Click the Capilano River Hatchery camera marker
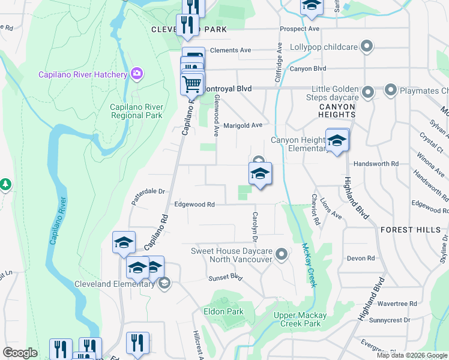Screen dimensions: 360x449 click(x=137, y=74)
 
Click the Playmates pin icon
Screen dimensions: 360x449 click(x=391, y=91)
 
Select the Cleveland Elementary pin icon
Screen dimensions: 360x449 click(x=164, y=283)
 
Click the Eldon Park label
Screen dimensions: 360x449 click(x=223, y=311)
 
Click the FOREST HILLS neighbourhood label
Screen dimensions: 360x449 click(x=410, y=229)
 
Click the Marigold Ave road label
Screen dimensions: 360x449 click(x=243, y=125)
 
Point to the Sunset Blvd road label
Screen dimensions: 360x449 click(x=224, y=278)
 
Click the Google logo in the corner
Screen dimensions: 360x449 click(x=20, y=353)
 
